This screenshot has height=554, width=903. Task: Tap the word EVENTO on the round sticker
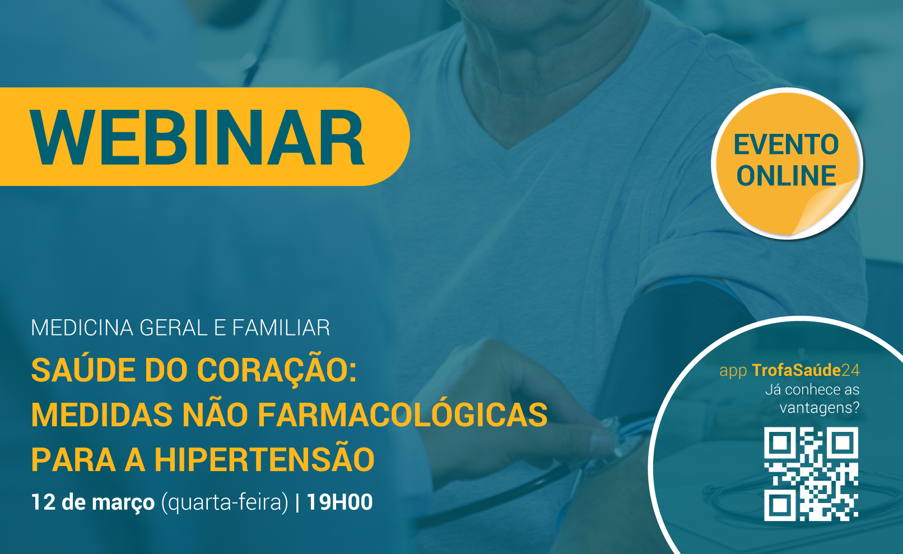point(786,145)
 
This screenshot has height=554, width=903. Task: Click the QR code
point(811,474)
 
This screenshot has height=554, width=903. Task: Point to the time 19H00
point(340,502)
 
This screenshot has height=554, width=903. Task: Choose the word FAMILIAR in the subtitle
point(281,327)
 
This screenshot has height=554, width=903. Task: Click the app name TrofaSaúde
point(797,370)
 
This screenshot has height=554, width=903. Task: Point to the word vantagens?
point(820,408)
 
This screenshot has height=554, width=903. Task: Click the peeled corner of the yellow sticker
point(826,208)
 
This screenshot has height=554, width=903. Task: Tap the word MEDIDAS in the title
point(102,415)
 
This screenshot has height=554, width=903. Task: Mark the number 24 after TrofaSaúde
point(850,370)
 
